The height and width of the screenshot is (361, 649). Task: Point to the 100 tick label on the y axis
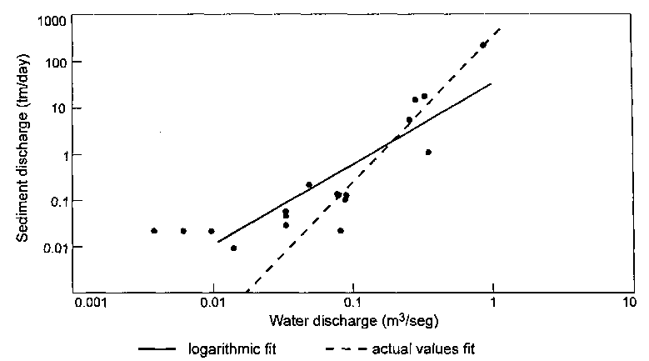point(52,63)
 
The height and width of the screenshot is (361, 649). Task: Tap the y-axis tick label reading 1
point(61,155)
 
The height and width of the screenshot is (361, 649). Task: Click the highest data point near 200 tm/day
point(483,45)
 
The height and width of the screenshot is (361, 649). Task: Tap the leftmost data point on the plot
point(154,231)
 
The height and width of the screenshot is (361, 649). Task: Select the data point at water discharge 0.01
point(212,231)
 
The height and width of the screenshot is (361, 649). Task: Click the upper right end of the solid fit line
point(492,83)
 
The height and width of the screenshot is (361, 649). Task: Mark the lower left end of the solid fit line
point(218,242)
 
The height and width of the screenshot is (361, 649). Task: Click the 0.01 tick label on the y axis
point(52,248)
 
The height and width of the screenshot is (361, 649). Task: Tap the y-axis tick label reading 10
point(56,109)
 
